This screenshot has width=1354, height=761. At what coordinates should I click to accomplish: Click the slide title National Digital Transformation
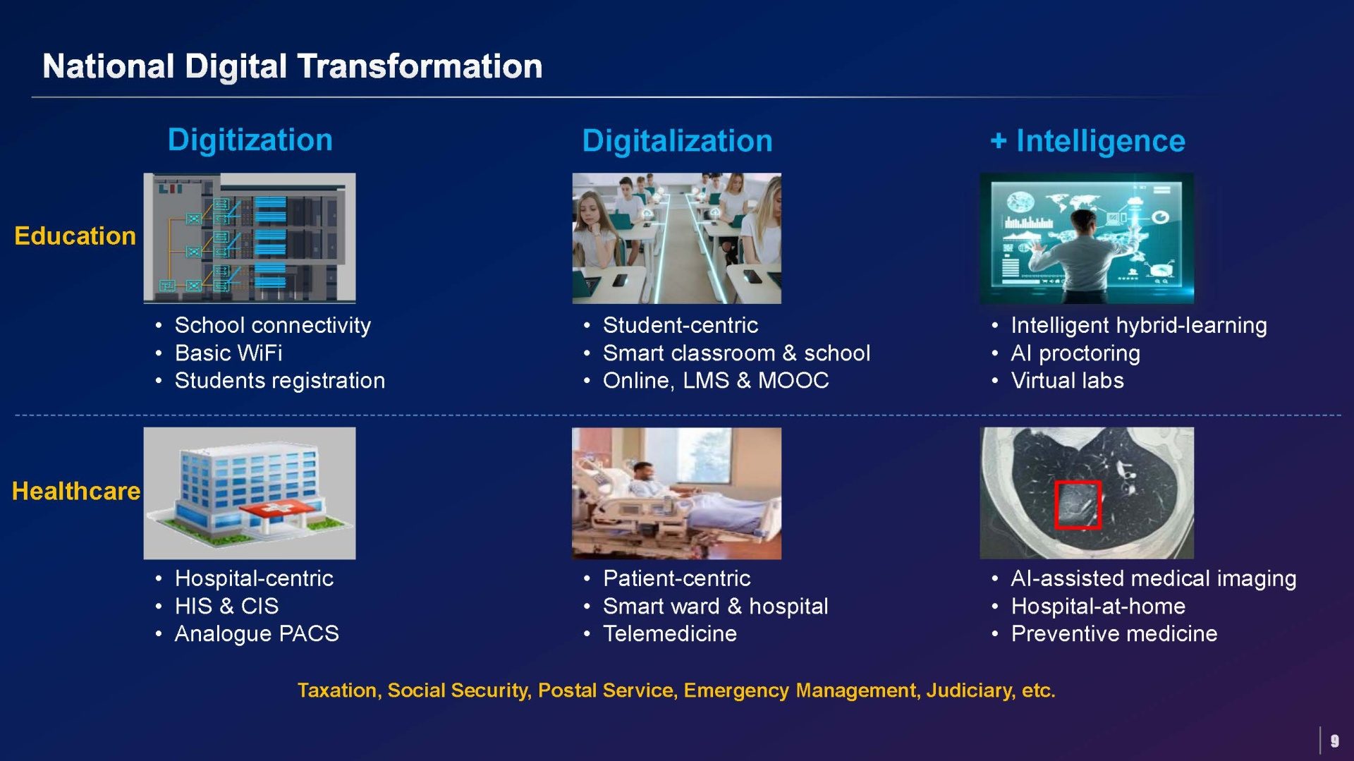pos(292,66)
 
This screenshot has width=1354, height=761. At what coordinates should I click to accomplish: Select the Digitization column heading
pos(250,140)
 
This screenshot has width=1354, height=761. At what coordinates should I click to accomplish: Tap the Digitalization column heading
pos(677,140)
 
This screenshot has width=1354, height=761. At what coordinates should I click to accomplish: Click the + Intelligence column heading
pos(1087,140)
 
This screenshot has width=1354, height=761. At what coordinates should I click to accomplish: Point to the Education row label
pos(75,236)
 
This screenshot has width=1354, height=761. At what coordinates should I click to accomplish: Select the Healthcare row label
pos(76,491)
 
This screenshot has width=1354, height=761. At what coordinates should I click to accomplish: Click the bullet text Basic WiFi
pos(228,353)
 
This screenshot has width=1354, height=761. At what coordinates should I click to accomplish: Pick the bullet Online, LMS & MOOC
pos(716,380)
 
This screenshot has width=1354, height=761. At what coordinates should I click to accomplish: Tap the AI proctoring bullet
pos(1075,353)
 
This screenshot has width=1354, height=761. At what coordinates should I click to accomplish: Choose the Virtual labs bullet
pos(1067,380)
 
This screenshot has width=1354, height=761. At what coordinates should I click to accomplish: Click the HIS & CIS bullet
pos(226,606)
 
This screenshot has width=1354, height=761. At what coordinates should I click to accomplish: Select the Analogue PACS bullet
pos(257,633)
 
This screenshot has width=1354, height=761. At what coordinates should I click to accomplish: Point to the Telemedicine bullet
pos(670,633)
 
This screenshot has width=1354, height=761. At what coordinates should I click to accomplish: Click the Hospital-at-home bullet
pos(1098,606)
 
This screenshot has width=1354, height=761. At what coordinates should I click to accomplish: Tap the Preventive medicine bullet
pos(1114,633)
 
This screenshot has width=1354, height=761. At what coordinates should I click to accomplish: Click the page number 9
pos(1334,741)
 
